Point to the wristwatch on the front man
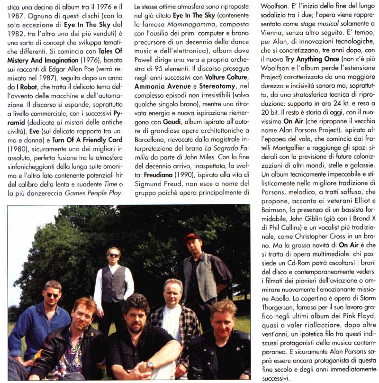(x=150, y=365)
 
